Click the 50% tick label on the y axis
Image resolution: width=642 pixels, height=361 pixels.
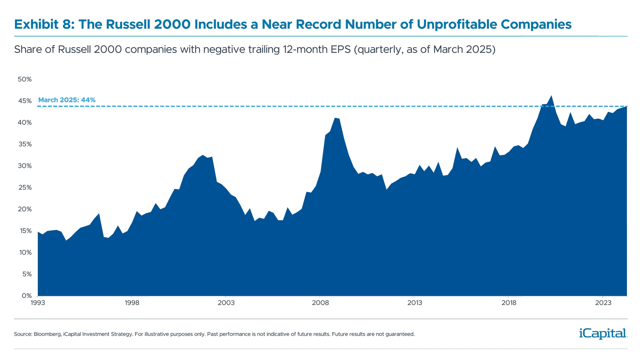coord(25,79)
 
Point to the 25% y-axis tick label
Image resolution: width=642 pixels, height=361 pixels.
coord(25,187)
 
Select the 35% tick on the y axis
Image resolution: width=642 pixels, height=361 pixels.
coord(25,144)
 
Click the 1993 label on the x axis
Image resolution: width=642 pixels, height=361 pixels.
coord(37,303)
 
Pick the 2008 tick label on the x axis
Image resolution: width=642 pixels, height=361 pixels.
coord(320,303)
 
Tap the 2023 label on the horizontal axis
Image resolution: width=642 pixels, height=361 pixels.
coord(603,303)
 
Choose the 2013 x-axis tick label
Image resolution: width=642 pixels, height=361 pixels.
coord(414,303)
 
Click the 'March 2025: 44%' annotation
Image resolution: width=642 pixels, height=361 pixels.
coord(67,100)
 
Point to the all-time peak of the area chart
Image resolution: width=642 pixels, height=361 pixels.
coord(552,95)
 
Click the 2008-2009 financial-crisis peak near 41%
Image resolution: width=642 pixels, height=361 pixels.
coord(336,118)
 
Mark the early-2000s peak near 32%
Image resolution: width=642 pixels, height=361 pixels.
coord(202,155)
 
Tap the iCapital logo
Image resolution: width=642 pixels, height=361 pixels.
coord(602,333)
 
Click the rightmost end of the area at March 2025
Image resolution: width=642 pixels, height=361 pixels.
coord(627,107)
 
